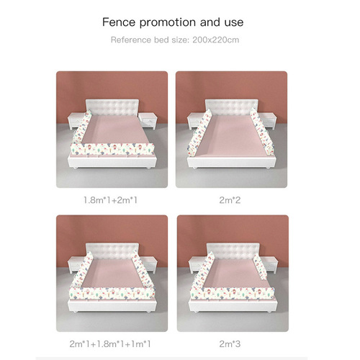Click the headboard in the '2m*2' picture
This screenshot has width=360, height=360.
pyautogui.click(x=233, y=109)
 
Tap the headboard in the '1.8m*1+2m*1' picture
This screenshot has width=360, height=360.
pyautogui.click(x=112, y=109)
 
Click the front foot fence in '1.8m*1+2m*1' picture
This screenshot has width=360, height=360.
pyautogui.click(x=112, y=148)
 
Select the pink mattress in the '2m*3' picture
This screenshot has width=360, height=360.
pyautogui.click(x=233, y=277)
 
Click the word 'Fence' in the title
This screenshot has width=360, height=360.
pyautogui.click(x=117, y=22)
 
